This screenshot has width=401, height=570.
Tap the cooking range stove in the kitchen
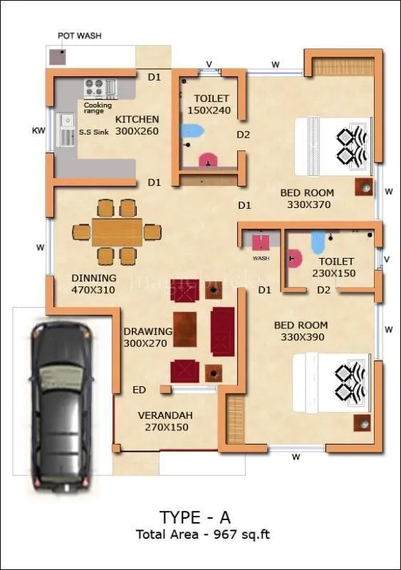94,88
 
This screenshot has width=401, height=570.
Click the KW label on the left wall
38,130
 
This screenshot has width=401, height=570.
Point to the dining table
117,232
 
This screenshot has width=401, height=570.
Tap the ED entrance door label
139,390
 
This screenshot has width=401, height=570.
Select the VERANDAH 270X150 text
165,421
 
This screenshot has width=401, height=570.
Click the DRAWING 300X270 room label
147,337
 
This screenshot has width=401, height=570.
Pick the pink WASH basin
261,242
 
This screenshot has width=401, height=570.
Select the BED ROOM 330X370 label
307,198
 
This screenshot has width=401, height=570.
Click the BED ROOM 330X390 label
301,331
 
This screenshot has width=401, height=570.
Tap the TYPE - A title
194,517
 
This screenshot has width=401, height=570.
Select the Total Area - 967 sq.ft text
203,534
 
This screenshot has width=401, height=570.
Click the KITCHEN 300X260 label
137,125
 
